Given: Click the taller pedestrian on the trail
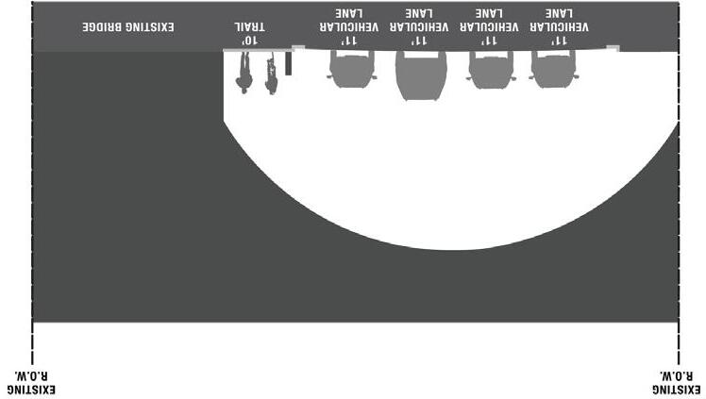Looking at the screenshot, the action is pyautogui.click(x=244, y=73).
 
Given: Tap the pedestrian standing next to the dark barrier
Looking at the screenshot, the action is pyautogui.click(x=272, y=74).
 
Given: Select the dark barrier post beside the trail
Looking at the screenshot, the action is pyautogui.click(x=289, y=63).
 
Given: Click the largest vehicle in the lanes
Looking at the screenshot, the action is pyautogui.click(x=420, y=75).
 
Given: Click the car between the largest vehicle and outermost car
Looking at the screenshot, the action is pyautogui.click(x=491, y=69).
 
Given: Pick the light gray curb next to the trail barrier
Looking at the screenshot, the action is pyautogui.click(x=298, y=47).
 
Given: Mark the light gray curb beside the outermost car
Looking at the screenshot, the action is pyautogui.click(x=612, y=47).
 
